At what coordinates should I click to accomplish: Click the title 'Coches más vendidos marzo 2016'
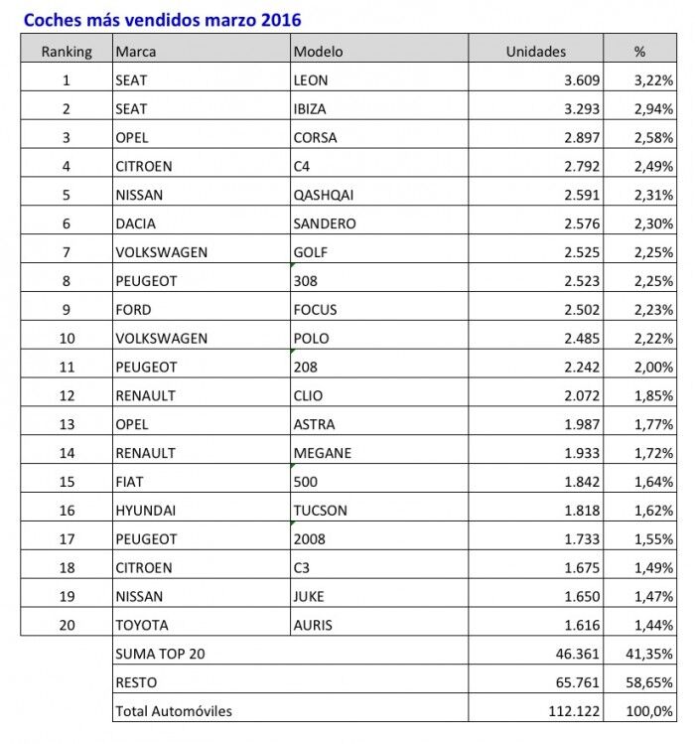pos(162,20)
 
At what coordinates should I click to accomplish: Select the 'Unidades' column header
pos(535,51)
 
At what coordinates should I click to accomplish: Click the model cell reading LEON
pos(310,79)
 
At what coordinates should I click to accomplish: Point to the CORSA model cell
pos(315,137)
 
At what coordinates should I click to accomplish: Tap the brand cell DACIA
pos(136,223)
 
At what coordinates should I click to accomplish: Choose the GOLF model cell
pos(310,252)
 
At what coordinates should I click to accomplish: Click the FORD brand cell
pos(133,309)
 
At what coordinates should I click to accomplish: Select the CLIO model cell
pos(308,395)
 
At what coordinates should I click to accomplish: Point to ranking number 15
pos(67,482)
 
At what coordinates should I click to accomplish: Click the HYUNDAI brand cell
pos(145,511)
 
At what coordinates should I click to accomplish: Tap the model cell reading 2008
pos(308,539)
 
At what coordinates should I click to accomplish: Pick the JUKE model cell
pos(309,596)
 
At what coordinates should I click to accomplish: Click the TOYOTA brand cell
pos(142,625)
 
